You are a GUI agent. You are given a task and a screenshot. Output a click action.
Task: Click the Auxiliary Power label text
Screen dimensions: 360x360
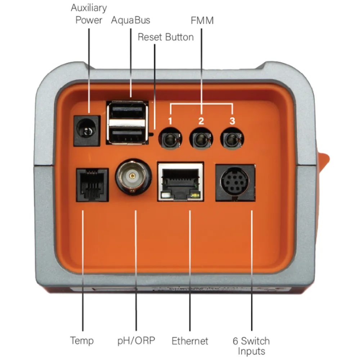pos(89,14)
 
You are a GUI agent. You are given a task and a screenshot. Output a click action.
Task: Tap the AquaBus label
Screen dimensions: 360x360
pos(130,20)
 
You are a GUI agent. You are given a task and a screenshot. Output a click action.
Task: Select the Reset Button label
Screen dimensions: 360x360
pos(166,37)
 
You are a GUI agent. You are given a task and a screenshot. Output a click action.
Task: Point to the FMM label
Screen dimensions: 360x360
pos(202,21)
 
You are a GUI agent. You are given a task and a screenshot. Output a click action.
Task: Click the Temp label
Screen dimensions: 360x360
pos(82,341)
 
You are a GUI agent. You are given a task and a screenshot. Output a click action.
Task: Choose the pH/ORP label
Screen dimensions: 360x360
pos(136,341)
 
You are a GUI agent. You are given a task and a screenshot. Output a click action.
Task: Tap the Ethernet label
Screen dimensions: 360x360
pos(190,341)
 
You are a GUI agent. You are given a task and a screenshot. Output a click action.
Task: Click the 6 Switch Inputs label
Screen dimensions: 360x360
pos(251,346)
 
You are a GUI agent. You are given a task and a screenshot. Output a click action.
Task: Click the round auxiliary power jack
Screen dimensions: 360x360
pos(86,131)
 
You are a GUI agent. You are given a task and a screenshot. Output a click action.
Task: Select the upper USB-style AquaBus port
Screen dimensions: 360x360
pos(127,111)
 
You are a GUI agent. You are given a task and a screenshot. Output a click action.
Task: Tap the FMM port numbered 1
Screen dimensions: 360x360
pos(170,139)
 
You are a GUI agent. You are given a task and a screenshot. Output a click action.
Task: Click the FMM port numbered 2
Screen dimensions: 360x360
pos(201,139)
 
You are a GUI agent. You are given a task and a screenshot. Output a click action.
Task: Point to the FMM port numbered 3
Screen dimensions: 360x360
pos(232,139)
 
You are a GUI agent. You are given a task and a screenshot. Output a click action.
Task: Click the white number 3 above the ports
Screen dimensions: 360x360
pos(232,121)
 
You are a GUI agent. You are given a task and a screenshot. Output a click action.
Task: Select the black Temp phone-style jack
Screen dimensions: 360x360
pos(92,185)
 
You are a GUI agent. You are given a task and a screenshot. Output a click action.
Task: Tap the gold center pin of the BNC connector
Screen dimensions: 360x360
pos(132,176)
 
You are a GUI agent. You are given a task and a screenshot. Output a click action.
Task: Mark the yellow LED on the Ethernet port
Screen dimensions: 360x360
pos(195,195)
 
